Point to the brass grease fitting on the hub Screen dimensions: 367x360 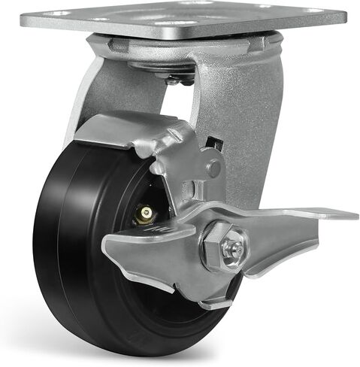pyautogui.click(x=145, y=216)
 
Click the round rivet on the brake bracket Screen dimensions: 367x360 pyautogui.click(x=213, y=168)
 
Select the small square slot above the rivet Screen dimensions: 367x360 pyautogui.click(x=216, y=143)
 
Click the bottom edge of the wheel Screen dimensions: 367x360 pyautogui.click(x=150, y=353)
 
